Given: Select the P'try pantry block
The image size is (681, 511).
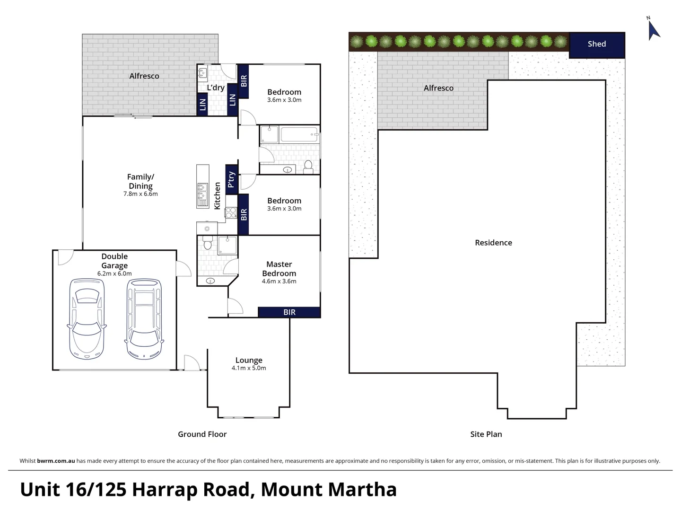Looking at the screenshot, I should click(x=231, y=179).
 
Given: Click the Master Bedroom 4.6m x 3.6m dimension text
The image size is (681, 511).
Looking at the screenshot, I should click(x=279, y=282).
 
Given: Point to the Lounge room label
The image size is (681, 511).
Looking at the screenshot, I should click(x=249, y=360).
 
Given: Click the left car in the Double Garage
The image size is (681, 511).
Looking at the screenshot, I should click(x=87, y=319).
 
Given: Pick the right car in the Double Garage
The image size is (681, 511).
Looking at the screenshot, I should click(x=144, y=319).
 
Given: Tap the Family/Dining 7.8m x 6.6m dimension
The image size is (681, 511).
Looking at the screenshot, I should click(x=140, y=194).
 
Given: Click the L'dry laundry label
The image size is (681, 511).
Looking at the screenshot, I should click(x=216, y=88).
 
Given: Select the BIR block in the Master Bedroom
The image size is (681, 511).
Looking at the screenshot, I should click(x=289, y=312).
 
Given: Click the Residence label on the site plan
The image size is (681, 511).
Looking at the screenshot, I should click(x=493, y=243).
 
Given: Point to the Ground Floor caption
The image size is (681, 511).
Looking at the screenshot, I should click(x=202, y=434).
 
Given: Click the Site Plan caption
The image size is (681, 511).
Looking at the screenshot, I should click(x=486, y=434).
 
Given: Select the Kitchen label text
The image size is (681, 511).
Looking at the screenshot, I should click(x=217, y=196).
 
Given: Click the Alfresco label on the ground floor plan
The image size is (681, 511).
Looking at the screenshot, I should click(x=144, y=76).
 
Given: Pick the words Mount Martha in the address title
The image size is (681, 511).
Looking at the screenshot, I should click(x=329, y=490).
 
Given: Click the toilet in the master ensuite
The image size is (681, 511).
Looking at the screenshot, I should click(x=207, y=243).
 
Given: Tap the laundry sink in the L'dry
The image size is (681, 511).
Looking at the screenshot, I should click(x=202, y=74).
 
